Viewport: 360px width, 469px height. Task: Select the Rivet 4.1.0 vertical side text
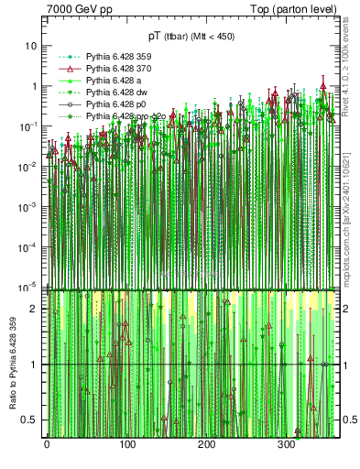coord(352,64)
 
